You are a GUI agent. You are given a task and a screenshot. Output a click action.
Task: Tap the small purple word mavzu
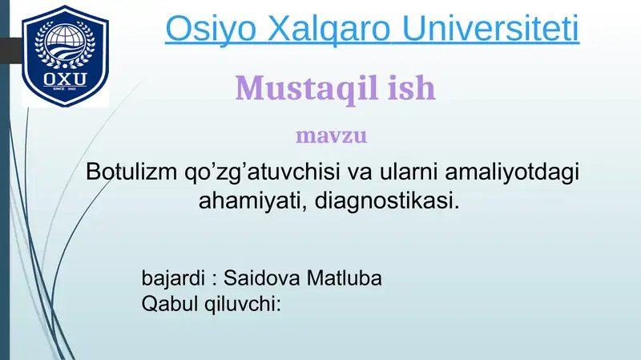coord(331,135)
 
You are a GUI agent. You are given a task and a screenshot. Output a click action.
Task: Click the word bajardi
coord(169,278)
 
